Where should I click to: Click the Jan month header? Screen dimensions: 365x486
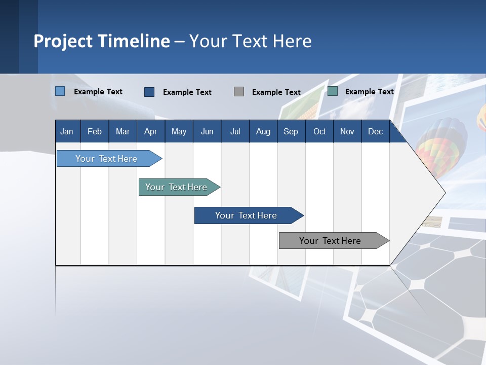67,132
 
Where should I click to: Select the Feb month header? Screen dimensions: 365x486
95,132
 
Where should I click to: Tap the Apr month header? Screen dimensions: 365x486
150,132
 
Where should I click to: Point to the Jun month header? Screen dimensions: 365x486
207,132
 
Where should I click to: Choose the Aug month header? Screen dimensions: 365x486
263,132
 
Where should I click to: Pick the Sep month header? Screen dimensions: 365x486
291,132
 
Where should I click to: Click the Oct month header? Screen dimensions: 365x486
319,132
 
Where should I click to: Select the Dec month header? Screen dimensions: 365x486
375,132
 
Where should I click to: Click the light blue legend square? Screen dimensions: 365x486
60,91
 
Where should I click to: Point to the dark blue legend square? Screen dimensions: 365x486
149,92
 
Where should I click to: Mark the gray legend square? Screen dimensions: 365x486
239,92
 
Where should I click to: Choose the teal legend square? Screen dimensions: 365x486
333,91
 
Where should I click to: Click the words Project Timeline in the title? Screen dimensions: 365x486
102,41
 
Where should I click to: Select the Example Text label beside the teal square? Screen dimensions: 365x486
369,92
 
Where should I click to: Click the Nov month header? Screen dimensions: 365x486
347,132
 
